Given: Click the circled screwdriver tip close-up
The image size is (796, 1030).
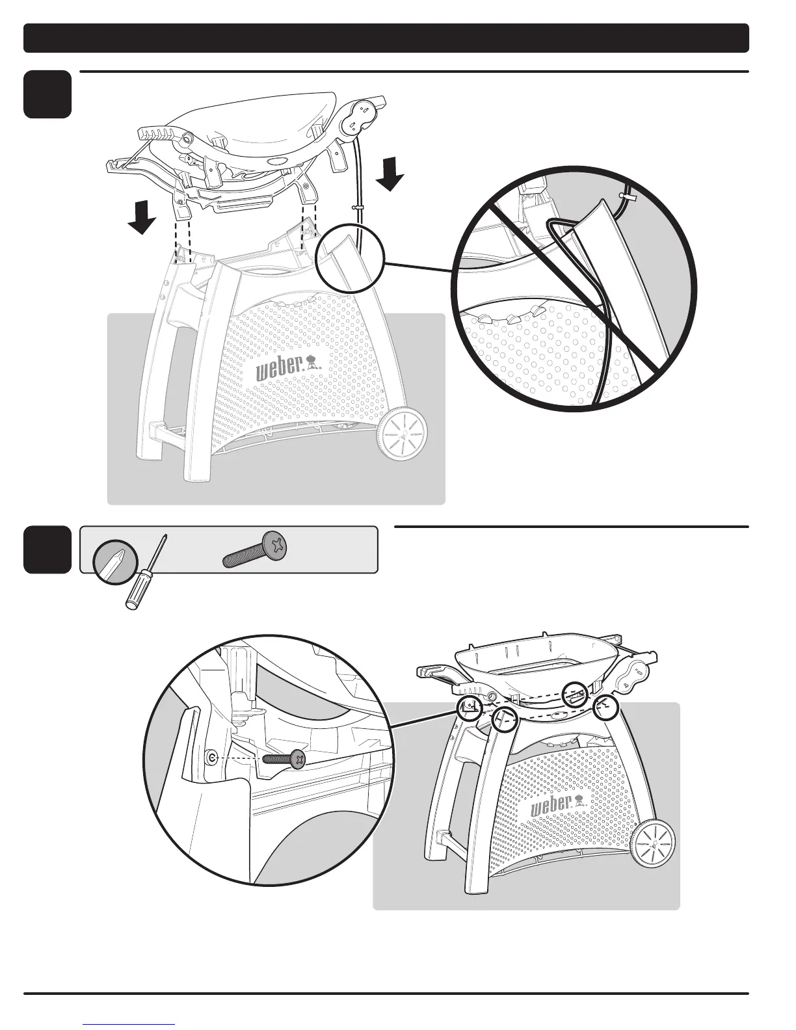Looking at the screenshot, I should click(115, 560).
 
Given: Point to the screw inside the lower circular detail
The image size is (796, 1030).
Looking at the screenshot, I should click(284, 758).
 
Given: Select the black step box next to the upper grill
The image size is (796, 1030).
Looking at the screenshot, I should click(47, 95).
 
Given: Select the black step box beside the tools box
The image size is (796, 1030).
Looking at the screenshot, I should click(47, 550).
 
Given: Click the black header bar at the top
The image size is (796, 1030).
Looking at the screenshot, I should click(386, 38).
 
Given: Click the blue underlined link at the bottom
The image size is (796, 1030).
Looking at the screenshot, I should click(129, 1025).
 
